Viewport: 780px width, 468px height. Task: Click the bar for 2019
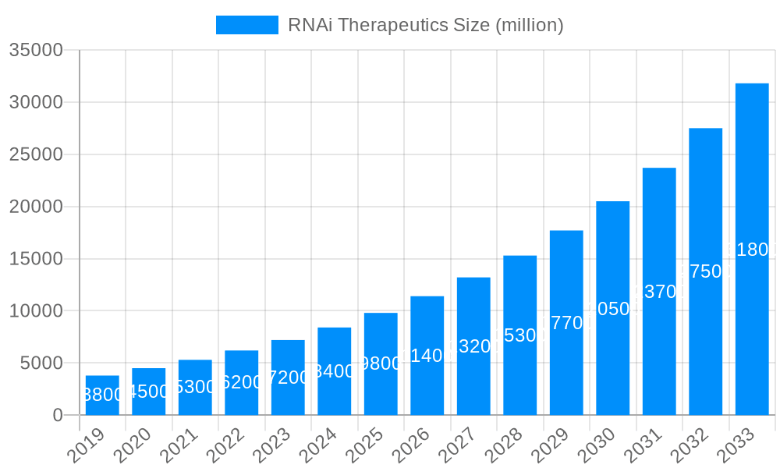pyautogui.click(x=102, y=395)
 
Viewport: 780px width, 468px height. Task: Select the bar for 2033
pyautogui.click(x=752, y=249)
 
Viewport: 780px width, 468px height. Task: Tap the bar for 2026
pyautogui.click(x=427, y=356)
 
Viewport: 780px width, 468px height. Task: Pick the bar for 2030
pyautogui.click(x=613, y=308)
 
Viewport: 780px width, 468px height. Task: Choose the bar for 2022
pyautogui.click(x=242, y=382)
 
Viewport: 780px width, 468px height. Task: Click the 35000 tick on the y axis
pyautogui.click(x=36, y=51)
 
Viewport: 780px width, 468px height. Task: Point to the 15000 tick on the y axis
pyautogui.click(x=36, y=259)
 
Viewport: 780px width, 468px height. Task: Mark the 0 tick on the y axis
pyautogui.click(x=57, y=416)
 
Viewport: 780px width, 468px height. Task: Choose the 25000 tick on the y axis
pyautogui.click(x=36, y=154)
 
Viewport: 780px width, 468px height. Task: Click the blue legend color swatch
pyautogui.click(x=246, y=25)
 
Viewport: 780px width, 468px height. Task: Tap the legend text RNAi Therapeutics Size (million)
pyautogui.click(x=425, y=25)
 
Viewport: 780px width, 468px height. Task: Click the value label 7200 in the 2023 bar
pyautogui.click(x=288, y=378)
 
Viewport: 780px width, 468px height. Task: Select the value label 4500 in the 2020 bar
pyautogui.click(x=149, y=392)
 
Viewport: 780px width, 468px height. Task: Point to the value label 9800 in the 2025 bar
pyautogui.click(x=381, y=363)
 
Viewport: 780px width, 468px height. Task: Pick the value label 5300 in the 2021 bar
pyautogui.click(x=195, y=387)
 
